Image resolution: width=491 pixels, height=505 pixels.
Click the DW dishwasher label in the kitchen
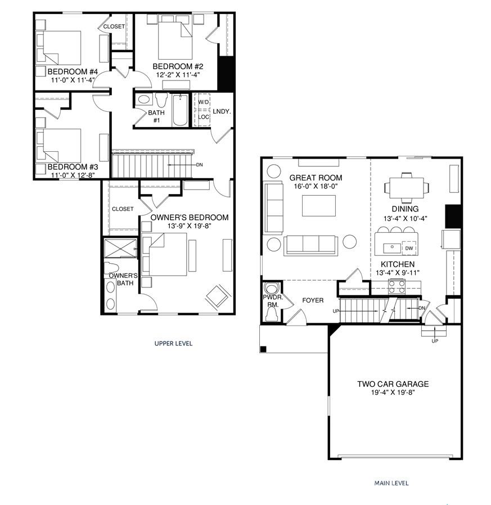409,248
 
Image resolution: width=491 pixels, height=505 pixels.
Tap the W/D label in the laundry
203,102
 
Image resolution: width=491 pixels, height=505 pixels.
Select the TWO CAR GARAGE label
393,384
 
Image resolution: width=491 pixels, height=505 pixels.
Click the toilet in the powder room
271,314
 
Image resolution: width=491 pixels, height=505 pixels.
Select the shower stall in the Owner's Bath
120,248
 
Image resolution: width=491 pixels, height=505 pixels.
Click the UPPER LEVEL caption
173,343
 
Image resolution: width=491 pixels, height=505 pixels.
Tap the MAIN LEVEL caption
391,483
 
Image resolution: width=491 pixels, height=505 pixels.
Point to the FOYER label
313,300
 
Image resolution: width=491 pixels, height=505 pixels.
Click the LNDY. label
222,111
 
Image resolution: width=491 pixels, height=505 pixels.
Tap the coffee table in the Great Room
319,205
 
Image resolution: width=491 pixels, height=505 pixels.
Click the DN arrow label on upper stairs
199,165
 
